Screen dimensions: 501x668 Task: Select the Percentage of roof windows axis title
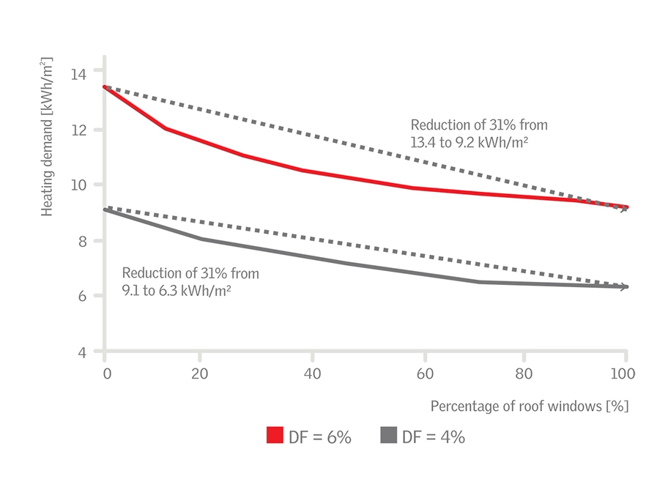(x=530, y=406)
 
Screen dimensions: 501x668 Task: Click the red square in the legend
(x=275, y=437)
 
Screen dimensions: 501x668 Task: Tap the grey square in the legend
(x=388, y=437)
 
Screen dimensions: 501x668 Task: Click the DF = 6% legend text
(x=319, y=437)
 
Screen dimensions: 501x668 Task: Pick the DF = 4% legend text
(x=433, y=437)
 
